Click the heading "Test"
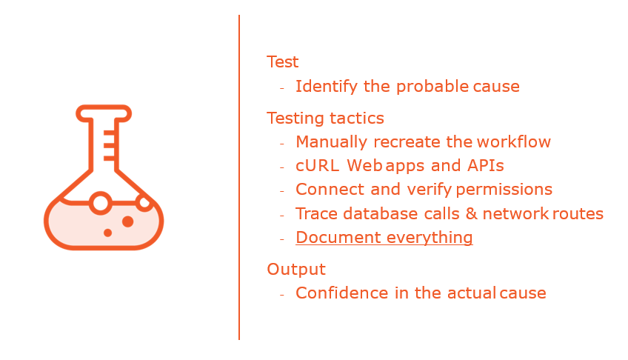coord(282,62)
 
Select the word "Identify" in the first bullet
coord(327,87)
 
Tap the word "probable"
coord(432,87)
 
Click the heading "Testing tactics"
coord(325,119)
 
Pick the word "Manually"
coord(331,142)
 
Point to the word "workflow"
coord(514,141)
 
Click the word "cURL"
coord(317,166)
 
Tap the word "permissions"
coord(504,190)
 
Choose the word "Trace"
coord(316,214)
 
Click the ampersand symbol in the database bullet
coord(472,214)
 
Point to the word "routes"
coord(578,214)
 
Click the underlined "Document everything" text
coord(384,238)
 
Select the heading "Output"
coord(296,270)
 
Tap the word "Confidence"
coord(342,293)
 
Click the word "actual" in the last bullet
coord(472,293)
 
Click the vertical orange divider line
coord(239,177)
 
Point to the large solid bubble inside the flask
coord(128,221)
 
